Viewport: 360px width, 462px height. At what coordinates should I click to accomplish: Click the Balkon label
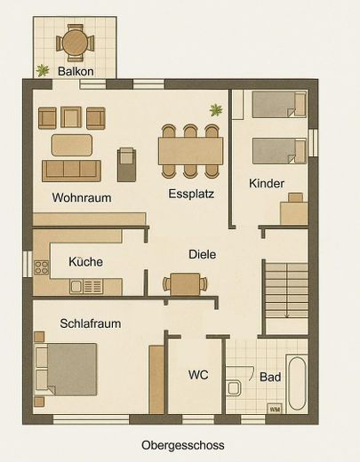(x=76, y=71)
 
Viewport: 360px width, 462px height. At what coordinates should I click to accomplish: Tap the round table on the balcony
(x=76, y=43)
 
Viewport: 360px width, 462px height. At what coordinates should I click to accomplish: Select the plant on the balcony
(x=43, y=70)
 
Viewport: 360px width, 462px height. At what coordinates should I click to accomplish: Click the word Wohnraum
(x=82, y=197)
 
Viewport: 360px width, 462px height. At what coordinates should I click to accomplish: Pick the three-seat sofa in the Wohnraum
(x=71, y=171)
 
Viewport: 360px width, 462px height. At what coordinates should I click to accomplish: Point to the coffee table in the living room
(x=72, y=145)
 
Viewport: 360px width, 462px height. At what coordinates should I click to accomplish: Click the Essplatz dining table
(x=190, y=151)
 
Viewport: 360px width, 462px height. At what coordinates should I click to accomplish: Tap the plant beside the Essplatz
(x=216, y=110)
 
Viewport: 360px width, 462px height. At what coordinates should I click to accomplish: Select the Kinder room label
(x=267, y=183)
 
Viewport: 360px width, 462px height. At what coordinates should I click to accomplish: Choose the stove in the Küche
(x=42, y=267)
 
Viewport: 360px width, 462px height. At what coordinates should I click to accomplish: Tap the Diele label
(x=203, y=254)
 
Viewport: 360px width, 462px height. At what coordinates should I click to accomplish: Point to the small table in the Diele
(x=185, y=284)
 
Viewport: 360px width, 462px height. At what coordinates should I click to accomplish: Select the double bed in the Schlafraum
(x=66, y=370)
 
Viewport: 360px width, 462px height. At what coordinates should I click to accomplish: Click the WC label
(x=198, y=375)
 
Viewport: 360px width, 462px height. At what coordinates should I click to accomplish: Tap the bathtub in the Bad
(x=297, y=384)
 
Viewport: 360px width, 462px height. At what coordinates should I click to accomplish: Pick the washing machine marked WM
(x=275, y=409)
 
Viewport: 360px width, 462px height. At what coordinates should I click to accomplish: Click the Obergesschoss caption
(x=183, y=445)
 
